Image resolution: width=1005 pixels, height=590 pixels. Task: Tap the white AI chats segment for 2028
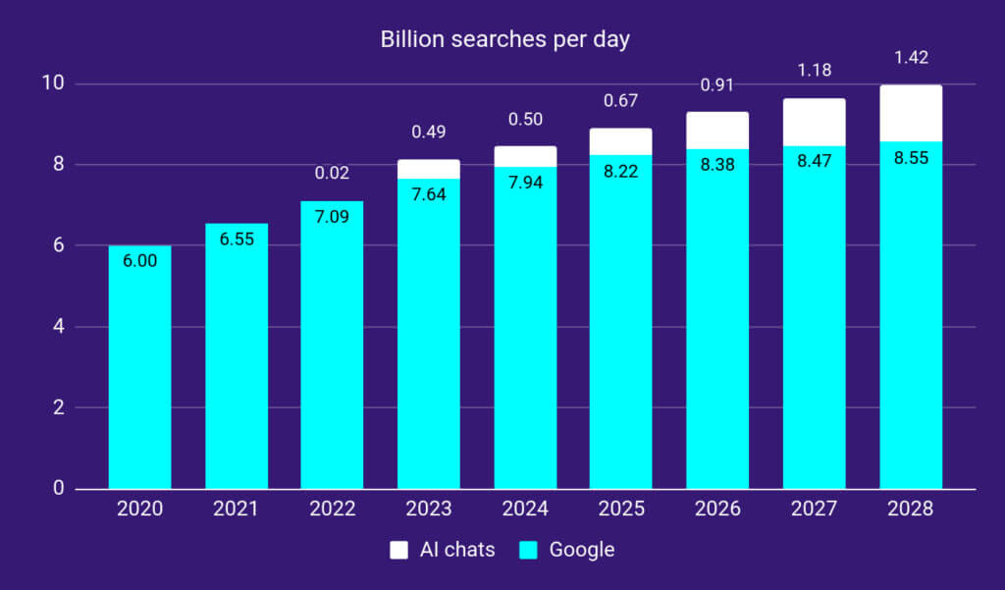click(911, 113)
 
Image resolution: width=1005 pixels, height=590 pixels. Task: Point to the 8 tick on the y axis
click(58, 164)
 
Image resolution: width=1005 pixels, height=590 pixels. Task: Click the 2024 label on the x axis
click(525, 509)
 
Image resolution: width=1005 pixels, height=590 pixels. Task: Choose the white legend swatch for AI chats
click(398, 550)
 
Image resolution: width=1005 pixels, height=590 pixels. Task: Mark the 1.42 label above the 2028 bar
click(911, 56)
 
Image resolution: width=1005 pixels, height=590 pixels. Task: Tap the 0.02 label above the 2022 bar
click(332, 173)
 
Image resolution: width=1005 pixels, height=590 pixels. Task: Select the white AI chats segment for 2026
click(717, 131)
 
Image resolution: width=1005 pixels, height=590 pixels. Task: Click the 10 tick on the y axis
click(54, 83)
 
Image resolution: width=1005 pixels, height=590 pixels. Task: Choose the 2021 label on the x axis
click(236, 509)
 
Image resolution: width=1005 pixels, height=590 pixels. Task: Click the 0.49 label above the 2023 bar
click(428, 132)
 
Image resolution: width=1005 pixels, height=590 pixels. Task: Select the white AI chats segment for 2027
click(814, 122)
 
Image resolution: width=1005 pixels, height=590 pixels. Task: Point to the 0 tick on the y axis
click(58, 488)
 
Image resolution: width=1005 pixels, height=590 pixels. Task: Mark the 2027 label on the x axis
click(814, 509)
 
